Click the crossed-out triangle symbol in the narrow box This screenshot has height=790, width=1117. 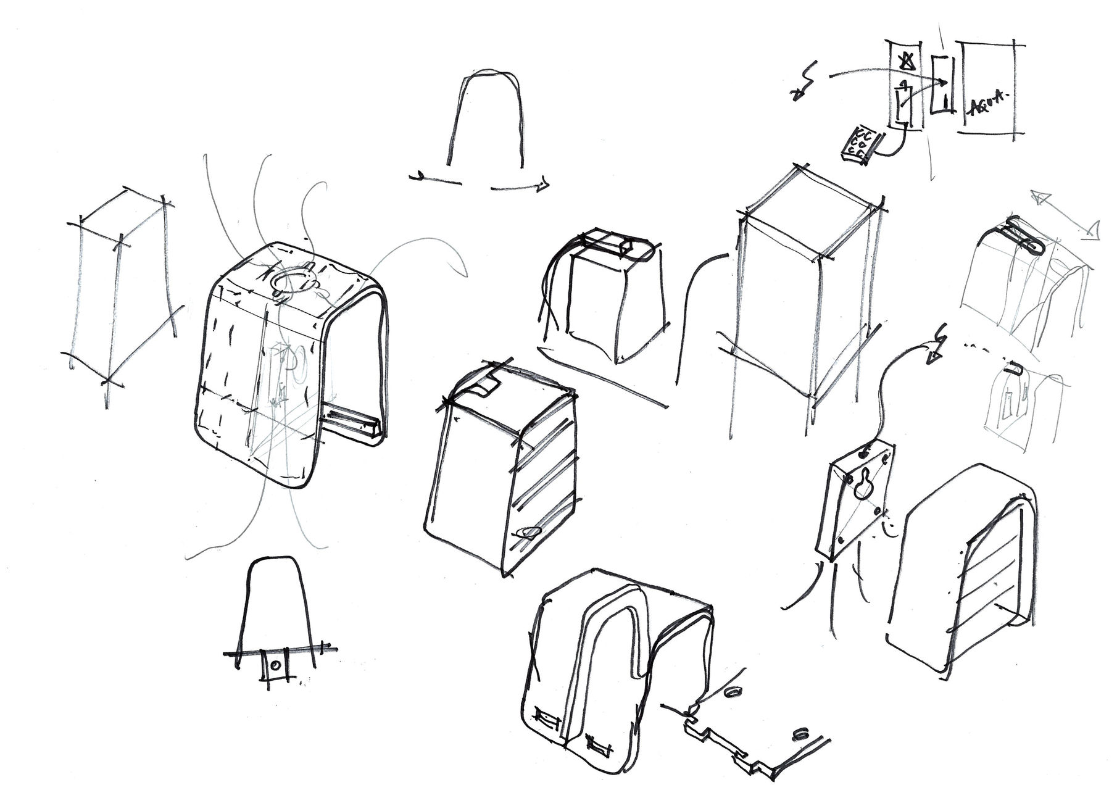pos(906,62)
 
